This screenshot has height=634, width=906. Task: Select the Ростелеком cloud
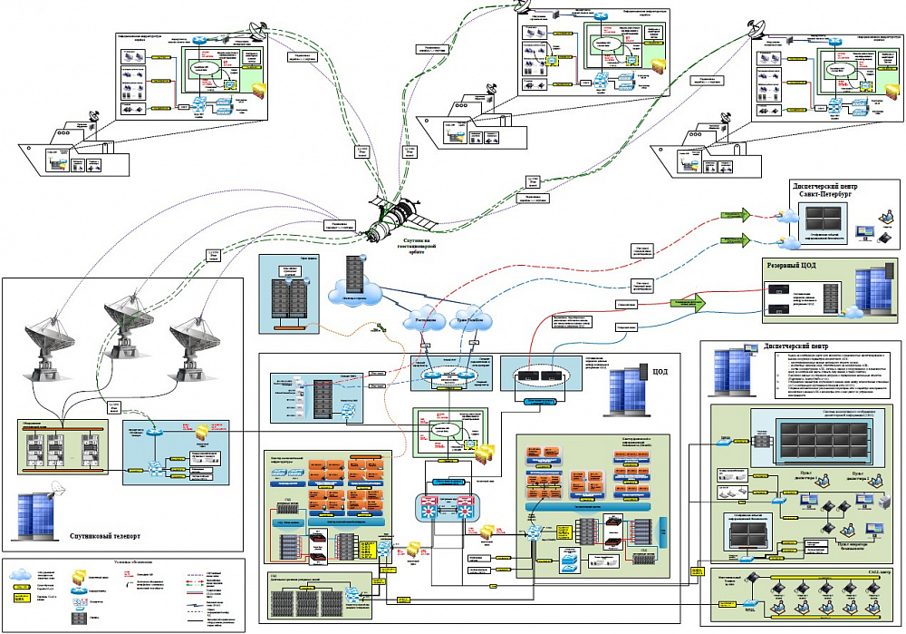point(423,321)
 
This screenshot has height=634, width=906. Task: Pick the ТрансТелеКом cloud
point(475,321)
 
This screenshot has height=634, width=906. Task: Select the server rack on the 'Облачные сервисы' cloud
point(353,267)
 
